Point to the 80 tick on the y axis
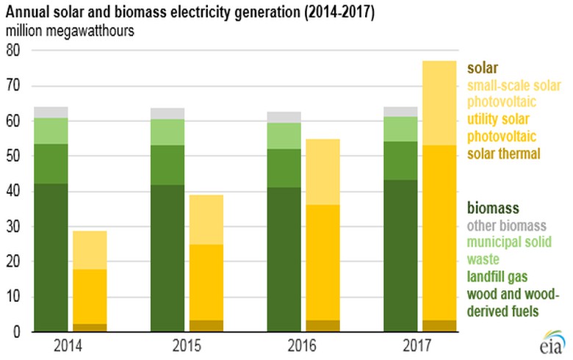(x=13, y=51)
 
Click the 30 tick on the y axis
(x=13, y=227)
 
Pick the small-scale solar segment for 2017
(x=438, y=103)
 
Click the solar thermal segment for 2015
(x=206, y=325)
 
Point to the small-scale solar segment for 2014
(x=90, y=250)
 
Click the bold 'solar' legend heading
(x=482, y=68)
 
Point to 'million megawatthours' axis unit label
(x=65, y=32)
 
